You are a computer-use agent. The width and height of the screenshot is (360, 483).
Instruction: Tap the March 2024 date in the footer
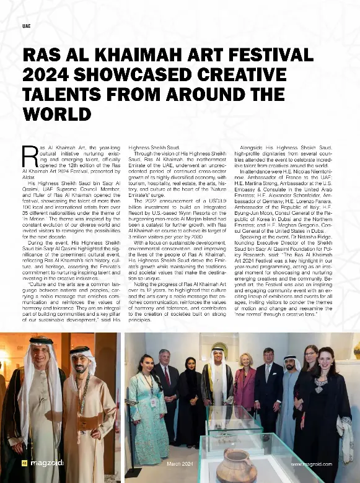[181, 464]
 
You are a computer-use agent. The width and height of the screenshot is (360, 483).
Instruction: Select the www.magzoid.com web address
[311, 464]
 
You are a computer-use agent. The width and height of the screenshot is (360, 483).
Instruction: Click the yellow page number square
[24, 464]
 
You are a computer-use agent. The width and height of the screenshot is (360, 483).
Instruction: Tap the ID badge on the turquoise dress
[153, 401]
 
